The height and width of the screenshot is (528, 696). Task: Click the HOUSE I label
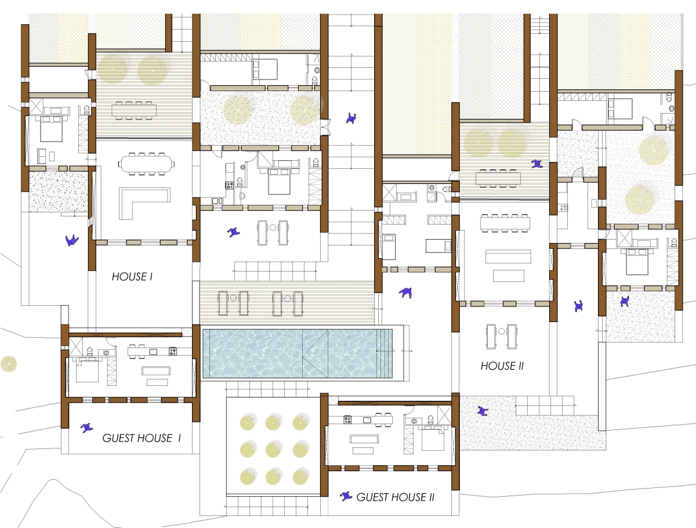click(132, 277)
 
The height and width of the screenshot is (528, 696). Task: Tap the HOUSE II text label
click(502, 366)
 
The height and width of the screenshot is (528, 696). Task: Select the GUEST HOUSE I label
click(142, 438)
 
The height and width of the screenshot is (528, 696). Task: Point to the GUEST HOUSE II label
click(395, 497)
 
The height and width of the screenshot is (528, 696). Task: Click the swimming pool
click(298, 353)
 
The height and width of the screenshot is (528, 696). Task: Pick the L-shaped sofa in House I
click(144, 203)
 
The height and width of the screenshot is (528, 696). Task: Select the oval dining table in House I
click(146, 164)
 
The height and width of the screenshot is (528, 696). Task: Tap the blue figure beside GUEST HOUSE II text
click(346, 496)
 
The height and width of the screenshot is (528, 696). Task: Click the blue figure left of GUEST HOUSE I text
click(86, 428)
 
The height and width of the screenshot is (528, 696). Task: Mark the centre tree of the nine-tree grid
click(273, 449)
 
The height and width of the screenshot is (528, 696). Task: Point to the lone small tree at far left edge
click(9, 364)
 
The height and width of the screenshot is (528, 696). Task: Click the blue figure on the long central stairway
click(351, 118)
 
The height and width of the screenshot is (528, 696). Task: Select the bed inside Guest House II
click(432, 438)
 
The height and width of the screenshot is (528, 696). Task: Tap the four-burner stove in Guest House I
click(173, 351)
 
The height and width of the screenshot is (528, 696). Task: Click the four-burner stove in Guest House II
click(347, 420)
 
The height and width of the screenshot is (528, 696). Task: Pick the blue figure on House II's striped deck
click(537, 164)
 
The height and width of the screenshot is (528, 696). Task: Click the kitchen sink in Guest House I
click(153, 352)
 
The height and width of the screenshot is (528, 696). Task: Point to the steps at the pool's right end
click(385, 353)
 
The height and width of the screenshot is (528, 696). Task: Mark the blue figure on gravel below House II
click(483, 411)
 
